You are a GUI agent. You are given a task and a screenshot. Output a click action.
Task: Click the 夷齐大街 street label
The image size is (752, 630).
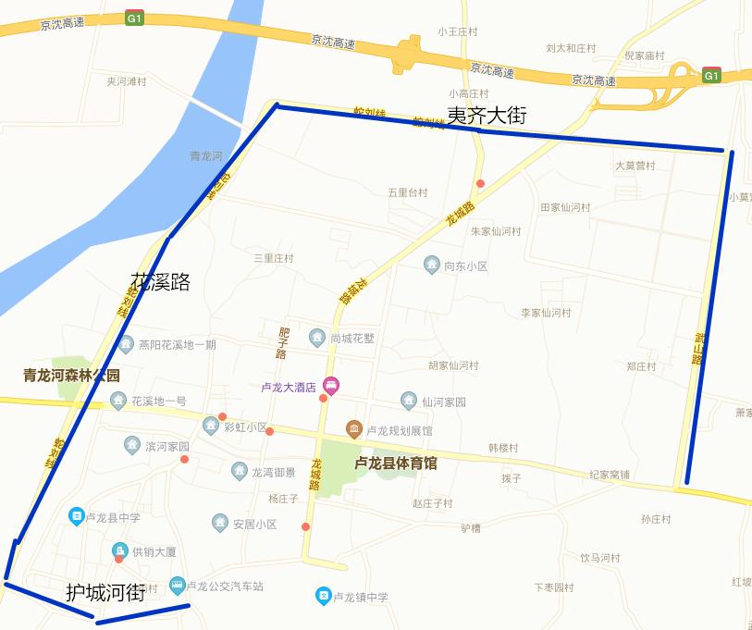pyautogui.click(x=487, y=116)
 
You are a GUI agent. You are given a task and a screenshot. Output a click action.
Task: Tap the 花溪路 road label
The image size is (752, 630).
pyautogui.click(x=160, y=281)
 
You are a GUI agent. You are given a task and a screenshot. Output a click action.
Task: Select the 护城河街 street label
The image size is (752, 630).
pyautogui.click(x=105, y=593)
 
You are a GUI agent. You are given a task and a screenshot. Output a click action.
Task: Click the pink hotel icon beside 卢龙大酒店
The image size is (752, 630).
pyautogui.click(x=330, y=386)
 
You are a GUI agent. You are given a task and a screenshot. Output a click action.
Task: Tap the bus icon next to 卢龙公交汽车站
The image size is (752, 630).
pyautogui.click(x=177, y=586)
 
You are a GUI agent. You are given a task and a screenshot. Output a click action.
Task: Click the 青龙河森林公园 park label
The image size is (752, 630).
pyautogui.click(x=72, y=376)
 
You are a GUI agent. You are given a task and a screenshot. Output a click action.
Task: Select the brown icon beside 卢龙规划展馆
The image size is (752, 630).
pyautogui.click(x=353, y=429)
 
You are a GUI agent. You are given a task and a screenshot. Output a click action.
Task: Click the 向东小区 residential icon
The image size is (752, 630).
pyautogui.click(x=432, y=266)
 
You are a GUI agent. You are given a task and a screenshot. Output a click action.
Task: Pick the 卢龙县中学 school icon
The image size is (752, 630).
pyautogui.click(x=78, y=516)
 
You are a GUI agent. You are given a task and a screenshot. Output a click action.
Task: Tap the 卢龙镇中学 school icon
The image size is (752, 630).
pyautogui.click(x=323, y=597)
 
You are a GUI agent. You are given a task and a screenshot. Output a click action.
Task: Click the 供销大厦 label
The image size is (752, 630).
pyautogui.click(x=154, y=552)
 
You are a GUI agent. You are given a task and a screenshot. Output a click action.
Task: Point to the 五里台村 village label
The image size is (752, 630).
pyautogui.click(x=408, y=192)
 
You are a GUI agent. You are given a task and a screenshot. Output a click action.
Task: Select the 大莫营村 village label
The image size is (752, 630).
pyautogui.click(x=635, y=166)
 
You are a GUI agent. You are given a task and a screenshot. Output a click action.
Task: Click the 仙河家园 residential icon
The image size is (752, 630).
pyautogui.click(x=409, y=401)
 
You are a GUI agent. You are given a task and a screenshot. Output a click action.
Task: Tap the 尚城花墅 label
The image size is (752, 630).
pyautogui.click(x=352, y=339)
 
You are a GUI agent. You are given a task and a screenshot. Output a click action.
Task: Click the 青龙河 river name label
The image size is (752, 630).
pyautogui.click(x=205, y=155)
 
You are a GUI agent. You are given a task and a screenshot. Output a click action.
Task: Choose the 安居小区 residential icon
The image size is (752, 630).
pyautogui.click(x=220, y=524)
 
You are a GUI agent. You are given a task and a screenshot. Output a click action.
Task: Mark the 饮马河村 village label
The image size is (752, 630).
pyautogui.click(x=600, y=558)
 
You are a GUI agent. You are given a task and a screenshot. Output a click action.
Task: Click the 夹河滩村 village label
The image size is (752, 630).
pyautogui.click(x=127, y=81)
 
